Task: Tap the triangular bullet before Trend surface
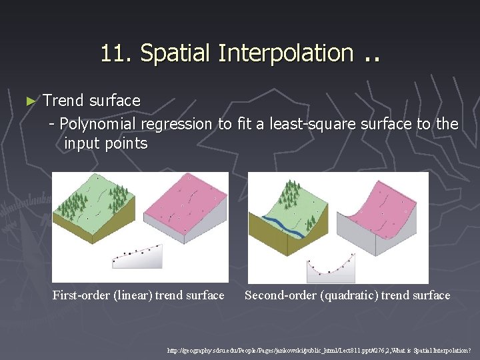[x=29, y=101]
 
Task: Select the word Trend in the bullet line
[x=63, y=101]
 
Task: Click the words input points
[x=105, y=143]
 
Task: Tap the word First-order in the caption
[x=85, y=295]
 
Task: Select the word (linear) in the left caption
[x=135, y=295]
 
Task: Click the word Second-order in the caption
[x=281, y=295]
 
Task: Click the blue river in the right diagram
[x=280, y=225]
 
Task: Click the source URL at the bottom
[x=319, y=349]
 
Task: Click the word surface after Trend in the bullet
[x=115, y=101]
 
